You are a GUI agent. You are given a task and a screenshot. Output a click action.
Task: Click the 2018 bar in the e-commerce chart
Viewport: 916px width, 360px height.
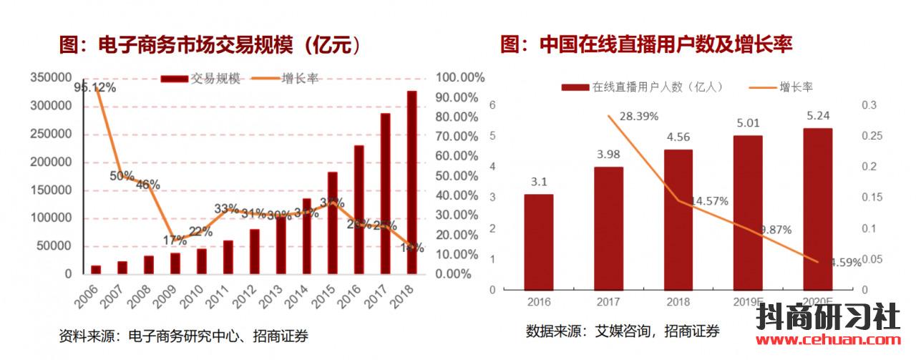[412, 183]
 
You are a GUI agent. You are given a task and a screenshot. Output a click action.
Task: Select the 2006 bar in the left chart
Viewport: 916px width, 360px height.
[96, 269]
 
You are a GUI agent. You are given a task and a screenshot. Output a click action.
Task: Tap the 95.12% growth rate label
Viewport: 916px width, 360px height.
[96, 87]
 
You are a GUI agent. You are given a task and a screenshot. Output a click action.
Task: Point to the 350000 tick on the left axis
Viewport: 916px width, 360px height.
[52, 77]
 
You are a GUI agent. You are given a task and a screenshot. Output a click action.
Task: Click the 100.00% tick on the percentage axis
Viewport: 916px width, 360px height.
[460, 77]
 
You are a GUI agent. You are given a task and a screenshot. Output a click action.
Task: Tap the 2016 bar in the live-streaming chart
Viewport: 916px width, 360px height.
[538, 242]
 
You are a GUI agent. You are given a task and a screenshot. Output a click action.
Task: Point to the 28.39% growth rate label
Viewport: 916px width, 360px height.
[639, 116]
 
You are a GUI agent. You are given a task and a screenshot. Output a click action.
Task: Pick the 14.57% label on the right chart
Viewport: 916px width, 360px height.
[708, 201]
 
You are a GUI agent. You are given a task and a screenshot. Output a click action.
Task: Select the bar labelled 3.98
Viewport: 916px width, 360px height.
[608, 228]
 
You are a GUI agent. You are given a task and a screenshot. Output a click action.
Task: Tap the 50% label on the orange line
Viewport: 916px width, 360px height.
[122, 175]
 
